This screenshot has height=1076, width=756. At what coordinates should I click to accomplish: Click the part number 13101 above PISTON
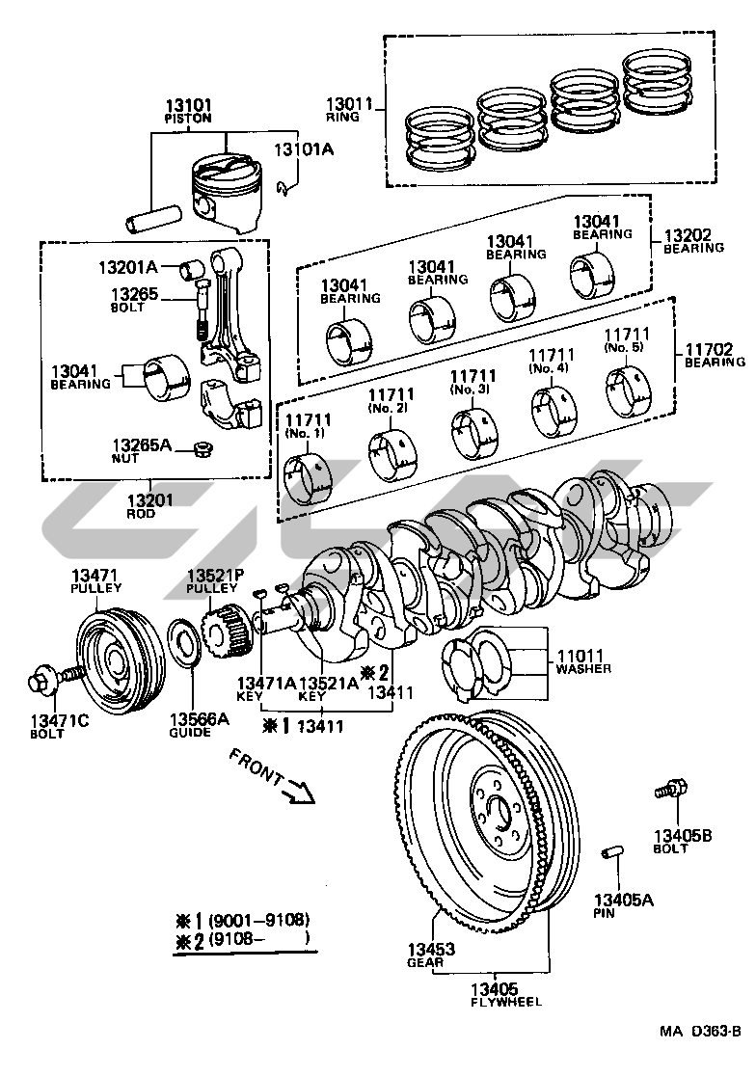click(x=188, y=106)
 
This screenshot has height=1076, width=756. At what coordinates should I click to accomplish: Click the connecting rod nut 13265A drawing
click(x=202, y=450)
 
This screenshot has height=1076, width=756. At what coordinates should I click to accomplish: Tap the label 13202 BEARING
click(x=693, y=241)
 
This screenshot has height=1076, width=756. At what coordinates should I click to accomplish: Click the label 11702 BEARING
click(x=715, y=356)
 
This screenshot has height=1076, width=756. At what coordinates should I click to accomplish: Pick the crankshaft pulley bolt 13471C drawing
click(x=56, y=677)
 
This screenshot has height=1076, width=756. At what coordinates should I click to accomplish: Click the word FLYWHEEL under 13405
click(x=506, y=1001)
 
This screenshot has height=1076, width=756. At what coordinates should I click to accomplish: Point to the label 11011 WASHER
click(x=583, y=661)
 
